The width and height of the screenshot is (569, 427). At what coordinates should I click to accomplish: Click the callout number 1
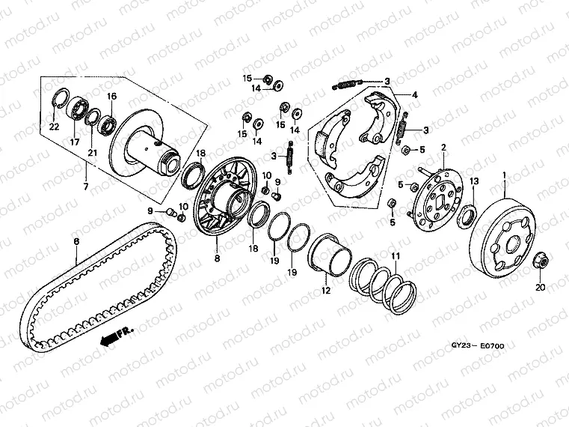504,175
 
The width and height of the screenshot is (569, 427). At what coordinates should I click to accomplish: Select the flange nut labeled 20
541,261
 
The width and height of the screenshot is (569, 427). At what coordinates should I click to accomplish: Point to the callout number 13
474,181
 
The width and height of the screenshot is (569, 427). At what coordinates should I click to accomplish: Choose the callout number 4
415,95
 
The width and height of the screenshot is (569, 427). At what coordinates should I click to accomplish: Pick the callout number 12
325,290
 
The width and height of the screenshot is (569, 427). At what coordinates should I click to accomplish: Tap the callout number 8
216,258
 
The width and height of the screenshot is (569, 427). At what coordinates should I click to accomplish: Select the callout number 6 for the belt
76,240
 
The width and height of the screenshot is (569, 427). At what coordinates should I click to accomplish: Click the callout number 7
85,185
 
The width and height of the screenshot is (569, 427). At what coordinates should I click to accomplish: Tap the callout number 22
54,127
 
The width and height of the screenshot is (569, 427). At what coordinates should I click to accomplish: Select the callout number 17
75,142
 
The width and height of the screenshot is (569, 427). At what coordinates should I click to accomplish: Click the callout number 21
93,153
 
